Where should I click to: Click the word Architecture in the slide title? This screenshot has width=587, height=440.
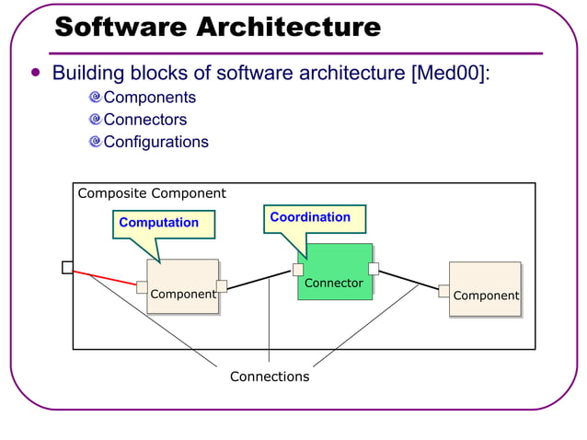click(290, 28)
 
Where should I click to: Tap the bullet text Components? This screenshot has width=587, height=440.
click(149, 98)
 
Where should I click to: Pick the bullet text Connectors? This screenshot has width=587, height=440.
click(144, 120)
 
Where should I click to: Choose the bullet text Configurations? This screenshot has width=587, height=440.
click(155, 142)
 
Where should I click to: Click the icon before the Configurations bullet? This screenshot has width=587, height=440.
click(95, 142)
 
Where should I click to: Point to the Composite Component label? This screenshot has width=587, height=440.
click(152, 193)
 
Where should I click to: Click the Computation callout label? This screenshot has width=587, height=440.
click(158, 223)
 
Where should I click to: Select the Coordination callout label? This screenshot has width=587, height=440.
click(310, 217)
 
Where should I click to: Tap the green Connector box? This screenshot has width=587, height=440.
click(335, 272)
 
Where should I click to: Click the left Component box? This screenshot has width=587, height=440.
click(182, 286)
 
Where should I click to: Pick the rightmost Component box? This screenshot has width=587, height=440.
click(485, 289)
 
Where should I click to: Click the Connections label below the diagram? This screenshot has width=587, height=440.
click(270, 376)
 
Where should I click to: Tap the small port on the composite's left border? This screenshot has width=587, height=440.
click(68, 267)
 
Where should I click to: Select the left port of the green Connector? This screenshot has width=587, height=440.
click(298, 269)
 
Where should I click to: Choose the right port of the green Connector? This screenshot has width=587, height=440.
click(374, 269)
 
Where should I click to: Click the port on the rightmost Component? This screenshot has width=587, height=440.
click(443, 291)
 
